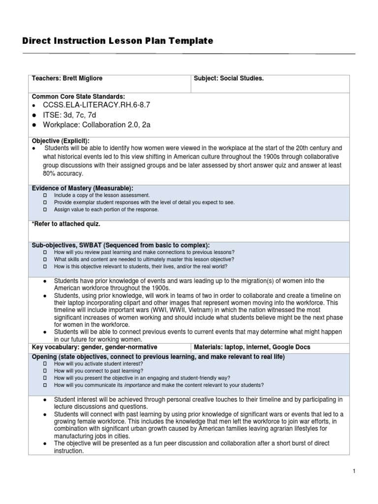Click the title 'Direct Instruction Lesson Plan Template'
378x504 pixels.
point(118,41)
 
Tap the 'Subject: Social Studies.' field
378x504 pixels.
point(229,79)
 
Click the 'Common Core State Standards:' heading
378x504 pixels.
point(78,96)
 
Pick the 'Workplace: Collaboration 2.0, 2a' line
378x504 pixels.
point(97,125)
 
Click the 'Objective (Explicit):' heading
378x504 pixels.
point(61,141)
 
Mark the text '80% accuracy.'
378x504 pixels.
point(63,174)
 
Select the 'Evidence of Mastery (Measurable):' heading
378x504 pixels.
point(82,188)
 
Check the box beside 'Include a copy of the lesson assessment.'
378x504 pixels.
point(44,195)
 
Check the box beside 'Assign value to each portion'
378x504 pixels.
point(44,209)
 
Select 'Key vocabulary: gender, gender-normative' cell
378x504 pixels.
point(94,347)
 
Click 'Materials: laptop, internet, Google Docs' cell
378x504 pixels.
point(252,347)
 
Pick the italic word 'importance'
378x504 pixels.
point(138,385)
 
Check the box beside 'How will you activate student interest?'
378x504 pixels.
point(44,364)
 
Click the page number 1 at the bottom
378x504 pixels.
point(354,472)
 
